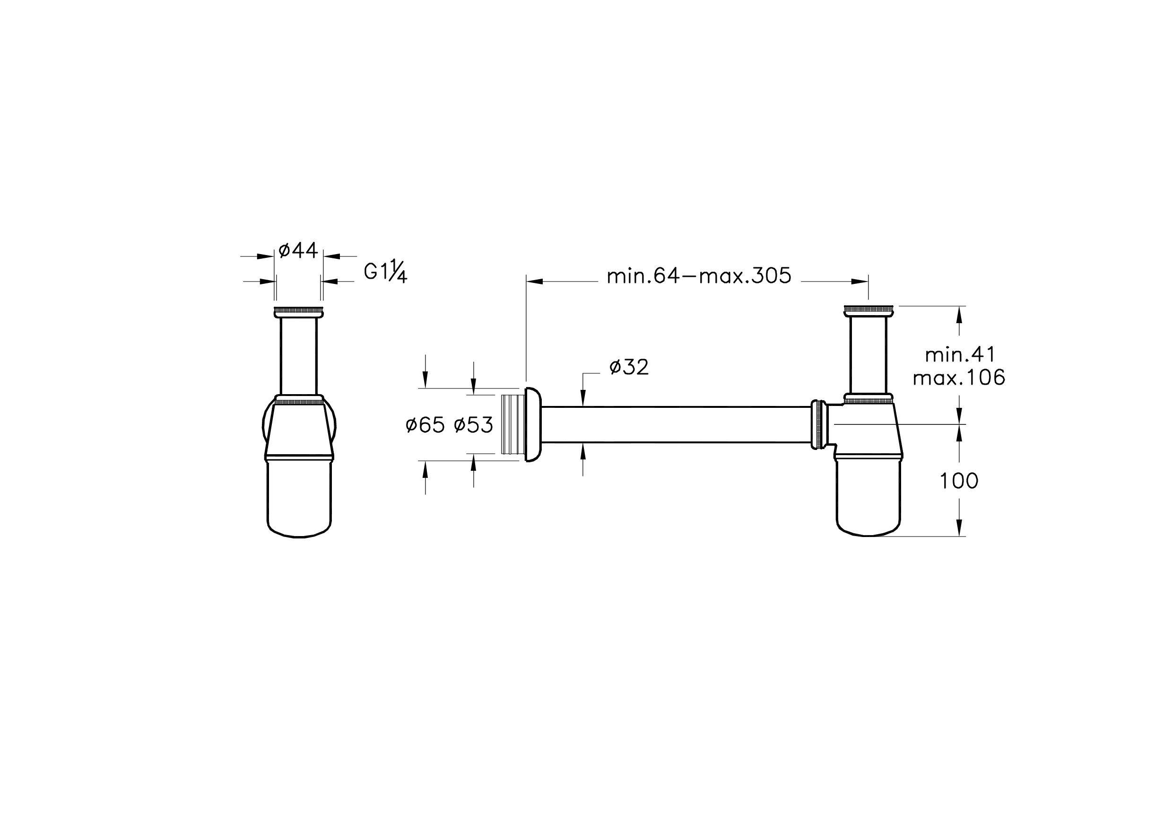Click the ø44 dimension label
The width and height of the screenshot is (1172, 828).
coord(298,250)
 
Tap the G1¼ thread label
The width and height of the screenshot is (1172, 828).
coord(385,272)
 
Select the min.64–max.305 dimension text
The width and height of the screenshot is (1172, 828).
coord(699,276)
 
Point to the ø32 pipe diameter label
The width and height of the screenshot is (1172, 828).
coord(629,367)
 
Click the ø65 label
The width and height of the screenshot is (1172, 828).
coord(425,425)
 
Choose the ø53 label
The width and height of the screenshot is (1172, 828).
coord(473,425)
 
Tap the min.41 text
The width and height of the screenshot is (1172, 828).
coord(960,354)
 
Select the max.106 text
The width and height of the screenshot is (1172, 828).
coord(959,378)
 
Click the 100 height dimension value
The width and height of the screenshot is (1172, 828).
coord(959,481)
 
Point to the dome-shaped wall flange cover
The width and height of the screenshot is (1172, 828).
coord(533,424)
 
